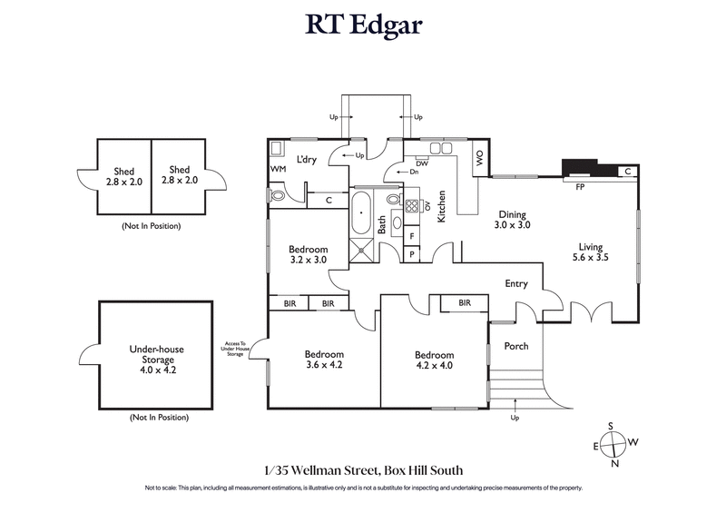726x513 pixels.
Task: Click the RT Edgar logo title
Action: point(363,25)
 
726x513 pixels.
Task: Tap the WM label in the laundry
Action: point(278,170)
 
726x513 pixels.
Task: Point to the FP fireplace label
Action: point(581,187)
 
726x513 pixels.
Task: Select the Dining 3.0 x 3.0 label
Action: point(512,219)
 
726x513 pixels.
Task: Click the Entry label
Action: point(515,284)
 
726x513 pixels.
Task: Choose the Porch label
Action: point(515,346)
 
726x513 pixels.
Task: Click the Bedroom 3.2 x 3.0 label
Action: point(308,254)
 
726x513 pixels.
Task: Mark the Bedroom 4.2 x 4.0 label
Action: point(434,360)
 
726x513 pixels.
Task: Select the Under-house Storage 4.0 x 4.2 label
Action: point(159,357)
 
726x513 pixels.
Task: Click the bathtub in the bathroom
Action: point(361,216)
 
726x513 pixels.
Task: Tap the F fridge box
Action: point(413,236)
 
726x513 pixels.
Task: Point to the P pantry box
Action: point(413,254)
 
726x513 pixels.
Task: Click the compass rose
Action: point(614,444)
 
